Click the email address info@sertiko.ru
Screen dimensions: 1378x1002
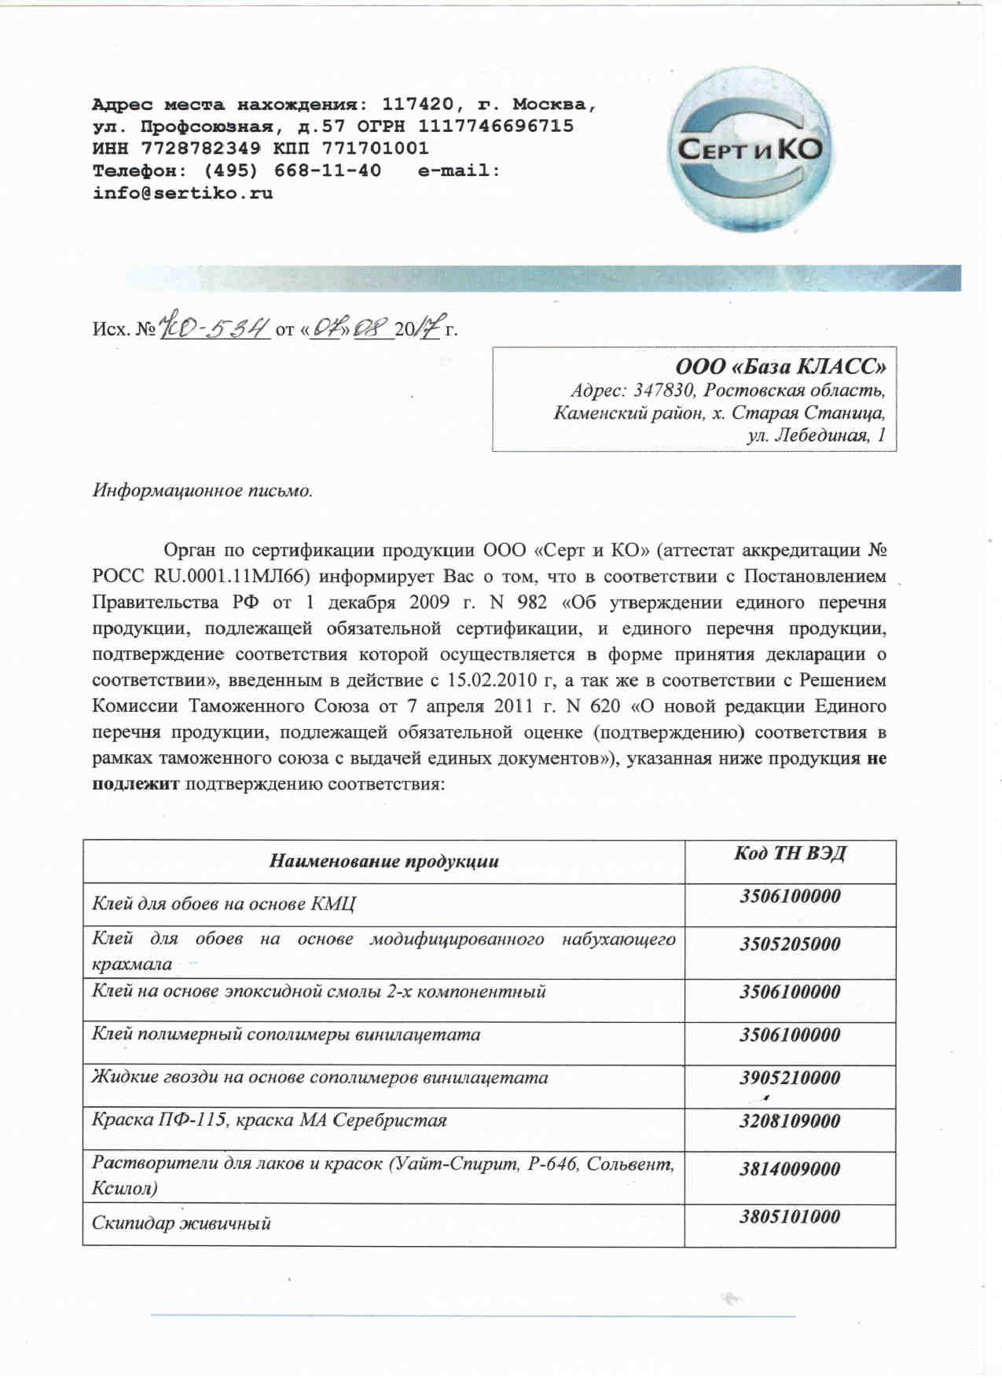[x=182, y=192]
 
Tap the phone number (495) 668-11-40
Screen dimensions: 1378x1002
[x=292, y=170]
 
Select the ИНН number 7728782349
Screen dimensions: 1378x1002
[x=200, y=148]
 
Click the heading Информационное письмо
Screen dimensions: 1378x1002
[x=203, y=491]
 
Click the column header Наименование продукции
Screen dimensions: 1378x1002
[x=384, y=861]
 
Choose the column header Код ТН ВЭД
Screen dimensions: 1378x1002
[x=790, y=854]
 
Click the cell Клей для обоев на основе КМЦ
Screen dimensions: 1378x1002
[x=224, y=903]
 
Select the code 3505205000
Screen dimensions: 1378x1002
[x=790, y=944]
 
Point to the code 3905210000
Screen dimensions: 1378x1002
[x=790, y=1078]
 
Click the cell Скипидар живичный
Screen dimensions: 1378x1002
[x=182, y=1223]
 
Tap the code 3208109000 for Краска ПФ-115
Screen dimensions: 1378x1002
[x=790, y=1121]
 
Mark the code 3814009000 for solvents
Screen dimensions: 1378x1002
[x=790, y=1169]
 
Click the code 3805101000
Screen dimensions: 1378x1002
[x=790, y=1217]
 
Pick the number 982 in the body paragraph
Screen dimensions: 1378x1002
[x=532, y=603]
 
